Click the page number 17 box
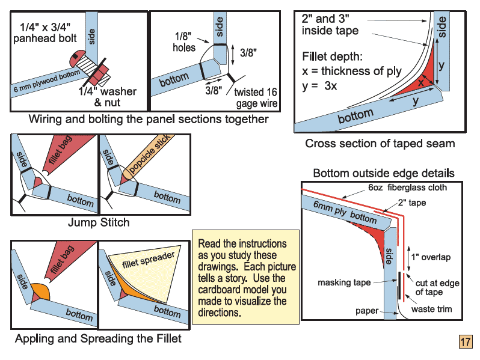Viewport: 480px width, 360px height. tap(466, 341)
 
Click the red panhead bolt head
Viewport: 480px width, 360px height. tap(77, 59)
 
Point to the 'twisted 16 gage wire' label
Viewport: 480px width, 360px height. tap(256, 97)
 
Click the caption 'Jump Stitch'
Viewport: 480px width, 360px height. tap(98, 223)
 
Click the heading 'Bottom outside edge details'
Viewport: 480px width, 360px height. tap(384, 174)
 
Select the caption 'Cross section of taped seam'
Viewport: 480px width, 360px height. tap(380, 144)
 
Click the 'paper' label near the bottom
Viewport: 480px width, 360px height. tap(367, 311)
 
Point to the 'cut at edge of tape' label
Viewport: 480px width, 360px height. tap(437, 288)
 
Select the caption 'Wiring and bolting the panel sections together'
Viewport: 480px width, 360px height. tap(149, 119)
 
